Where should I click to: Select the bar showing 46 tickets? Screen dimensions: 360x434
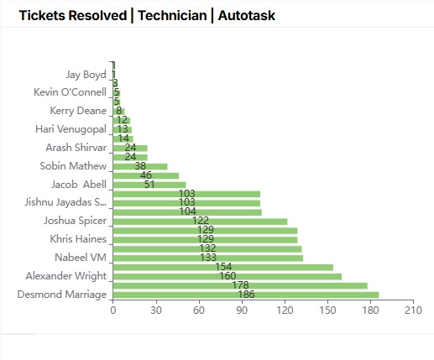145,175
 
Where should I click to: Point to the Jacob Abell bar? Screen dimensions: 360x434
149,185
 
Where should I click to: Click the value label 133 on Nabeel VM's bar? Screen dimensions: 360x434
207,258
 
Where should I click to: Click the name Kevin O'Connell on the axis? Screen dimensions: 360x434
70,92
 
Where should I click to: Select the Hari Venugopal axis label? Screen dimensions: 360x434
71,129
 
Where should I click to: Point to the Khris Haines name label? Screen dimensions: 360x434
78,239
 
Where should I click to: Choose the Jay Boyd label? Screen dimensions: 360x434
86,74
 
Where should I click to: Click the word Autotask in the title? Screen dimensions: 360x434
246,15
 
